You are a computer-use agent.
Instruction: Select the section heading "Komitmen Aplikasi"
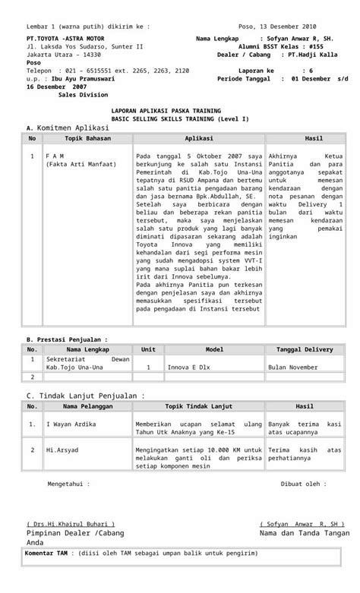point(73,128)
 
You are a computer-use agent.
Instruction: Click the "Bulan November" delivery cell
point(293,367)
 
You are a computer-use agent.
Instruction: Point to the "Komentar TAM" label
point(49,554)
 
